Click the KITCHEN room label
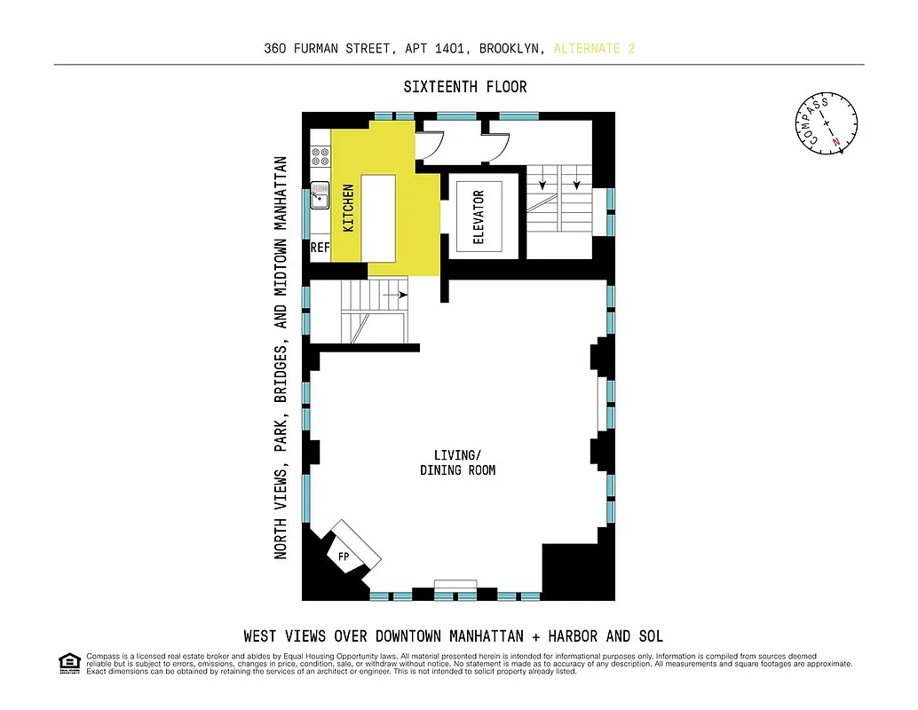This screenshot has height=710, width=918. tap(349, 208)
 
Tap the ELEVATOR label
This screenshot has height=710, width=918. tap(479, 217)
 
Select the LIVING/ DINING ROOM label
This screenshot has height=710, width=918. tap(457, 462)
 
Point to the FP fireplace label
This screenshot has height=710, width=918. tap(343, 556)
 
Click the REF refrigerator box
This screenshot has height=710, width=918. tap(320, 248)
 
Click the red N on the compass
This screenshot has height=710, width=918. tap(835, 141)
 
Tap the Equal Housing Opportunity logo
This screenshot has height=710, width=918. tap(68, 661)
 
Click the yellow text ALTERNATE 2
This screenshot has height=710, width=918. tap(594, 48)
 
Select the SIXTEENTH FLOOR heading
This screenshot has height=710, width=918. tap(464, 87)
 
